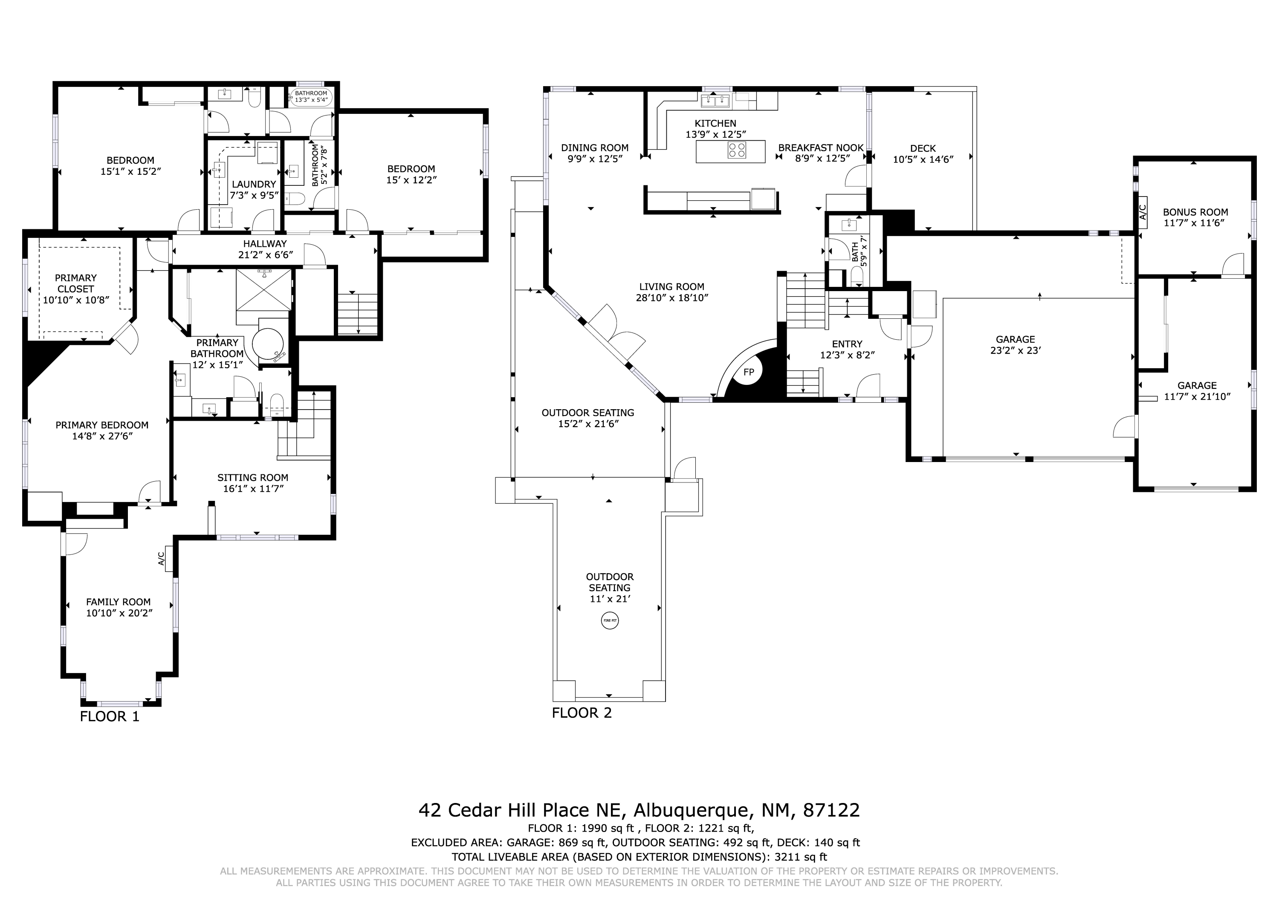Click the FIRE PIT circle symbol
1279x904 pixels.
click(x=610, y=621)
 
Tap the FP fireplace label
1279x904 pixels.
click(x=749, y=372)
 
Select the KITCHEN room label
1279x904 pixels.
click(x=715, y=123)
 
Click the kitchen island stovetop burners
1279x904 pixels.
click(x=737, y=150)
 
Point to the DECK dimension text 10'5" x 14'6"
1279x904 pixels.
click(x=923, y=159)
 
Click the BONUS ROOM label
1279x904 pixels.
click(x=1195, y=212)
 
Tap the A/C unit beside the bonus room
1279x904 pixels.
click(x=1142, y=212)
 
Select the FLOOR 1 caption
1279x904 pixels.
click(x=109, y=716)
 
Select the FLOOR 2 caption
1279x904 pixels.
click(x=582, y=713)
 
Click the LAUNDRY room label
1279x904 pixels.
click(x=254, y=184)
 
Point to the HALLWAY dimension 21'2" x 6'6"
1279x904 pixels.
click(x=265, y=254)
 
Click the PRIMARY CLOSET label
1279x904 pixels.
click(x=76, y=283)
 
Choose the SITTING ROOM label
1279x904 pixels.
click(x=252, y=477)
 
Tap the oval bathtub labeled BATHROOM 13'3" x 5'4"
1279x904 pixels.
click(x=311, y=96)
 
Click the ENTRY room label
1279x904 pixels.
click(x=847, y=344)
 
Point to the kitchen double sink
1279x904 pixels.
click(x=715, y=100)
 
